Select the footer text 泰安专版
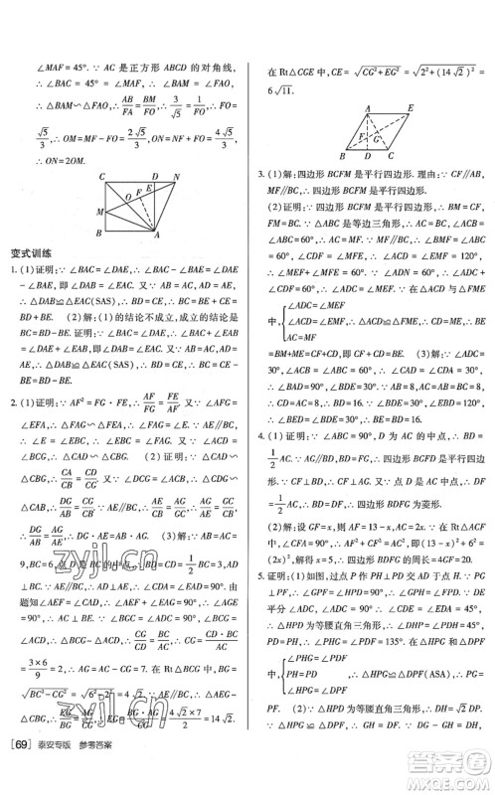[x=74, y=773]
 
